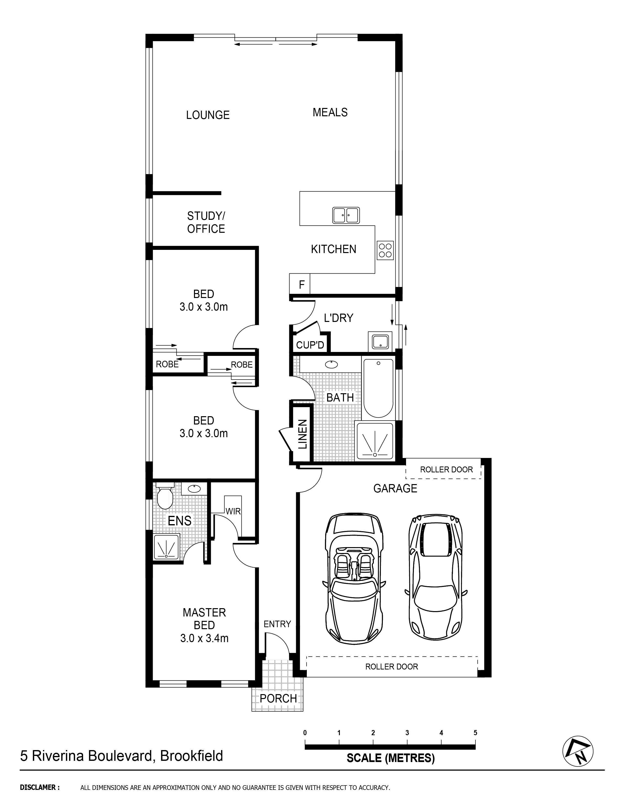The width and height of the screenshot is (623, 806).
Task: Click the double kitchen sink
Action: click(x=346, y=215)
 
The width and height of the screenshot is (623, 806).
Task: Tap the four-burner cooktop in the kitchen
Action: click(x=385, y=251)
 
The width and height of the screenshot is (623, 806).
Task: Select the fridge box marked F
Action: click(x=301, y=285)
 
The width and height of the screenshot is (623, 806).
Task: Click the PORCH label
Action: click(x=278, y=698)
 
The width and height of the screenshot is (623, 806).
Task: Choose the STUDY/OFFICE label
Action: click(x=206, y=222)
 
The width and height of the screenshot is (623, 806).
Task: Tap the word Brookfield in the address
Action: click(x=191, y=756)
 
